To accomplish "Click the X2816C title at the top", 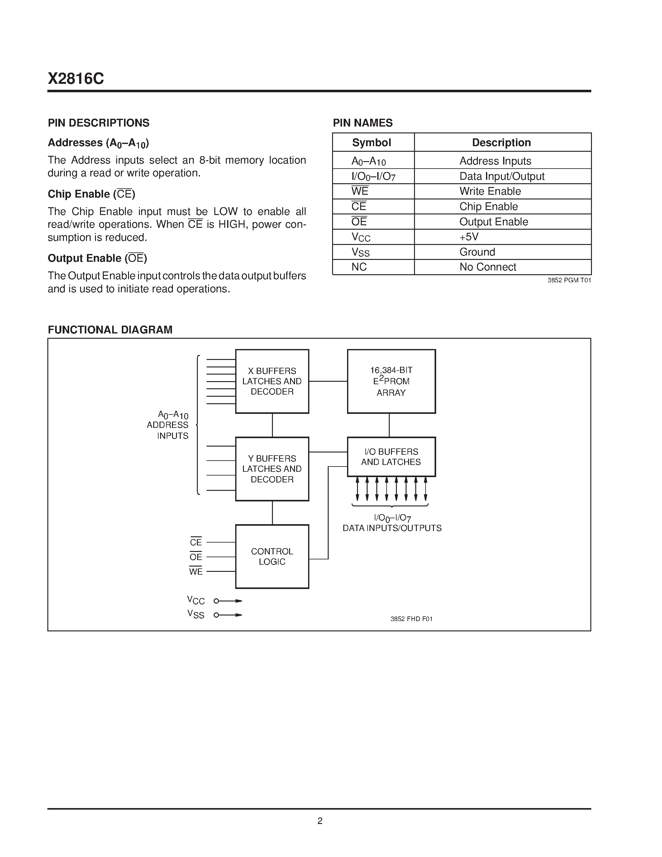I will (x=76, y=79).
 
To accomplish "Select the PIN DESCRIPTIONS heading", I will (x=98, y=123).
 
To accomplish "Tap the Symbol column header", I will (x=371, y=142).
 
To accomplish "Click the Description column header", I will (x=501, y=142).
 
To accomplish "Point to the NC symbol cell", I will (x=359, y=267).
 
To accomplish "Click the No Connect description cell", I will (x=488, y=267).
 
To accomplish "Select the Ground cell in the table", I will (x=477, y=252).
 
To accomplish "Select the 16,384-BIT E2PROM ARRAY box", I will (x=391, y=381).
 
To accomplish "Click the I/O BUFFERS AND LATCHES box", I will (x=391, y=457).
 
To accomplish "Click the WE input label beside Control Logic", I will (x=196, y=572).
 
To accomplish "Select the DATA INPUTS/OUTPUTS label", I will (x=392, y=528).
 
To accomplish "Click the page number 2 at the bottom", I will (x=320, y=821).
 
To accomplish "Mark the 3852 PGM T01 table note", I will (x=569, y=280).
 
